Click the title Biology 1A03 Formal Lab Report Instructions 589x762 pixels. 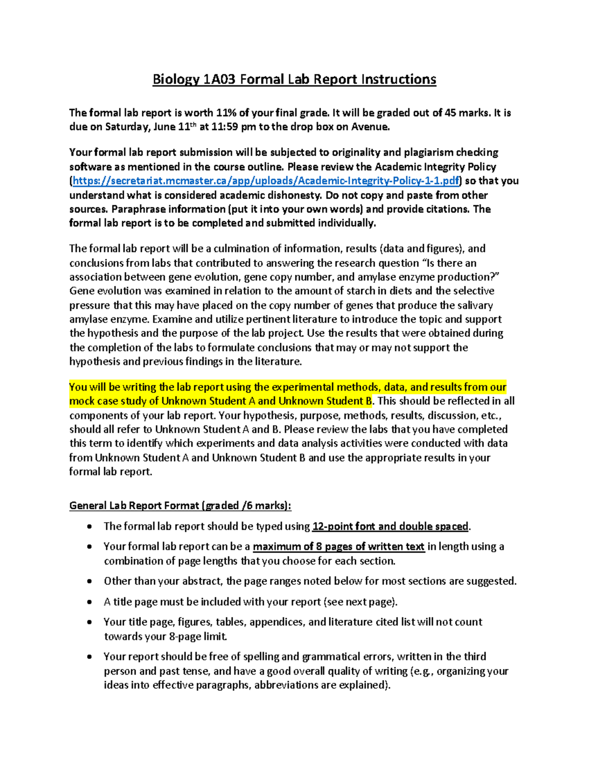click(294, 79)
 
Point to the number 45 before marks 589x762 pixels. click(450, 113)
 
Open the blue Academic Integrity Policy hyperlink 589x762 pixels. click(266, 181)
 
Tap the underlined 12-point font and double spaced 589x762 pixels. click(390, 526)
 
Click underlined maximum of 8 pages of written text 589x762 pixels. click(338, 547)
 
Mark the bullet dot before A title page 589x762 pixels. click(89, 602)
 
